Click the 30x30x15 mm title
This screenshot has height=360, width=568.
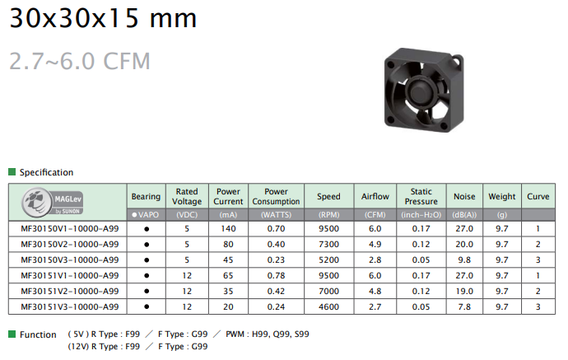pos(103,18)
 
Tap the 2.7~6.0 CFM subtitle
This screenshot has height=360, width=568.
pos(79,61)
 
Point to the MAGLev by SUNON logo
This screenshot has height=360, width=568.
pos(53,202)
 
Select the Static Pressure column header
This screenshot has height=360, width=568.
pos(421,196)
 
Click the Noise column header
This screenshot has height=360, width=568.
pos(464,196)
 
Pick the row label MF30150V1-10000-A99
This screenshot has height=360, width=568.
pos(69,229)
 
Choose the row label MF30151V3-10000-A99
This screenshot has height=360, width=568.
pos(69,306)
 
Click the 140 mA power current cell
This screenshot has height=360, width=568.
pos(228,229)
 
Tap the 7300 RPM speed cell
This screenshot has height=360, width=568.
pos(328,245)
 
